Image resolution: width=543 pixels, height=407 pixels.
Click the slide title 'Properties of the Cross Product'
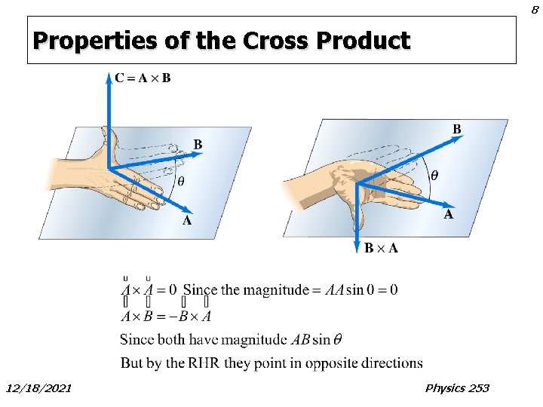pos(221,40)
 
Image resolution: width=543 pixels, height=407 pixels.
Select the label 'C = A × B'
pos(143,78)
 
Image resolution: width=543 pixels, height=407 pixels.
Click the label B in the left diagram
pos(198,143)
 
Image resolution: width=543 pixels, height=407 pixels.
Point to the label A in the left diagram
pos(187,221)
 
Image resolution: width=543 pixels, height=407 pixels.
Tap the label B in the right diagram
pos(456,129)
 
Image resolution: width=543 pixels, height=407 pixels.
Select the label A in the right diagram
pos(448,214)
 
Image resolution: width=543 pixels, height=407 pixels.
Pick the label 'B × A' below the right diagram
pos(382,248)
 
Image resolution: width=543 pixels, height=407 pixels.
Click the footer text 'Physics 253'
pos(457,387)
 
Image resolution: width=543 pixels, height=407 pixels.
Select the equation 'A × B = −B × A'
pos(167,316)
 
